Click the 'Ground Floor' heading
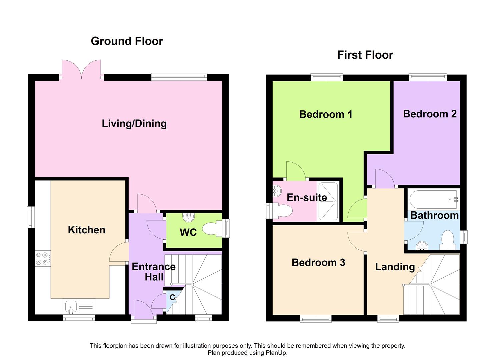tap(127, 41)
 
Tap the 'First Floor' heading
tap(365, 55)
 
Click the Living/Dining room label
tap(134, 124)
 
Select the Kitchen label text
tap(86, 230)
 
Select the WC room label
tap(188, 232)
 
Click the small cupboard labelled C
tap(172, 297)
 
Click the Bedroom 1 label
tap(326, 114)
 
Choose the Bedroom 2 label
tap(430, 114)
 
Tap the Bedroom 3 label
tap(318, 263)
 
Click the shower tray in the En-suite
tap(328, 201)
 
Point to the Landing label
tap(395, 267)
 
